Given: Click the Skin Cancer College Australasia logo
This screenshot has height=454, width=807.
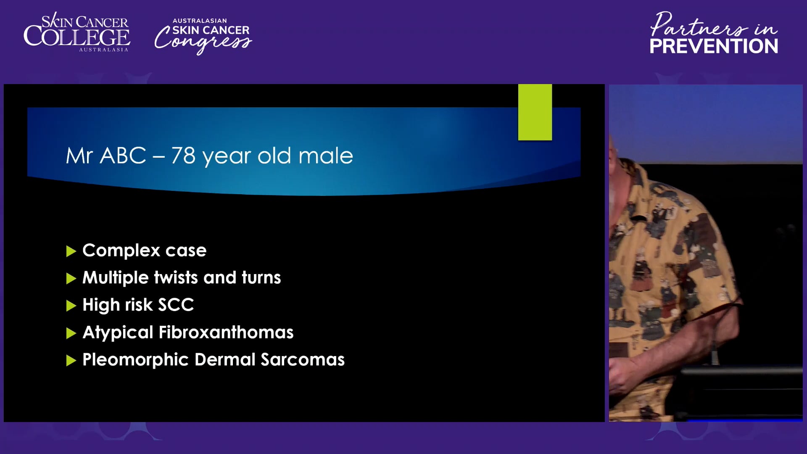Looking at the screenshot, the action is tap(76, 32).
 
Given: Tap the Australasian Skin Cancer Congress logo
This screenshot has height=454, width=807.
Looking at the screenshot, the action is tap(203, 36).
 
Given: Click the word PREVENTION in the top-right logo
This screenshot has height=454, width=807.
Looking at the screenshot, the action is tap(714, 46).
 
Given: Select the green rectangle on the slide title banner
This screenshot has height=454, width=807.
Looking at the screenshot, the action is tap(535, 112).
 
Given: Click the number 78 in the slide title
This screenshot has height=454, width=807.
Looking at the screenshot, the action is tap(183, 156).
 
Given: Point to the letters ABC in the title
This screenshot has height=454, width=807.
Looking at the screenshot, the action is tap(123, 156).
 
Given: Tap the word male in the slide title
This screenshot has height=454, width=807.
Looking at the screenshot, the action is tap(326, 156).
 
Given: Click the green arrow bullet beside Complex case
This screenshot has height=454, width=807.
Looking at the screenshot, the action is tap(71, 251).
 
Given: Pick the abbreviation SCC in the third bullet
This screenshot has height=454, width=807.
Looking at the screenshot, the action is tap(176, 305).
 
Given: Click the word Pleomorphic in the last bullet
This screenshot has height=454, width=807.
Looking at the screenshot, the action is tap(135, 360).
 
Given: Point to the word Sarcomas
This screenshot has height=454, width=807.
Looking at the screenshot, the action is tap(303, 360).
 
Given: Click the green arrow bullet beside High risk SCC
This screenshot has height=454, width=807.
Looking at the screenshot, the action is tap(71, 306).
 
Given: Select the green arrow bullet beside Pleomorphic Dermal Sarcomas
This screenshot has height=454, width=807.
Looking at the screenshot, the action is tap(71, 360).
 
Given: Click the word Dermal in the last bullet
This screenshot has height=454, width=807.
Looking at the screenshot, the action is tap(225, 360).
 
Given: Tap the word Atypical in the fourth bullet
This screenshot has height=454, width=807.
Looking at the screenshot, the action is tap(118, 333).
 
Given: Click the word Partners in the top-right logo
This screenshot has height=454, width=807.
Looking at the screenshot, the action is tap(699, 25).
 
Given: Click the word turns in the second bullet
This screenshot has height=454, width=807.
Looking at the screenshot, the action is tap(261, 277).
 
